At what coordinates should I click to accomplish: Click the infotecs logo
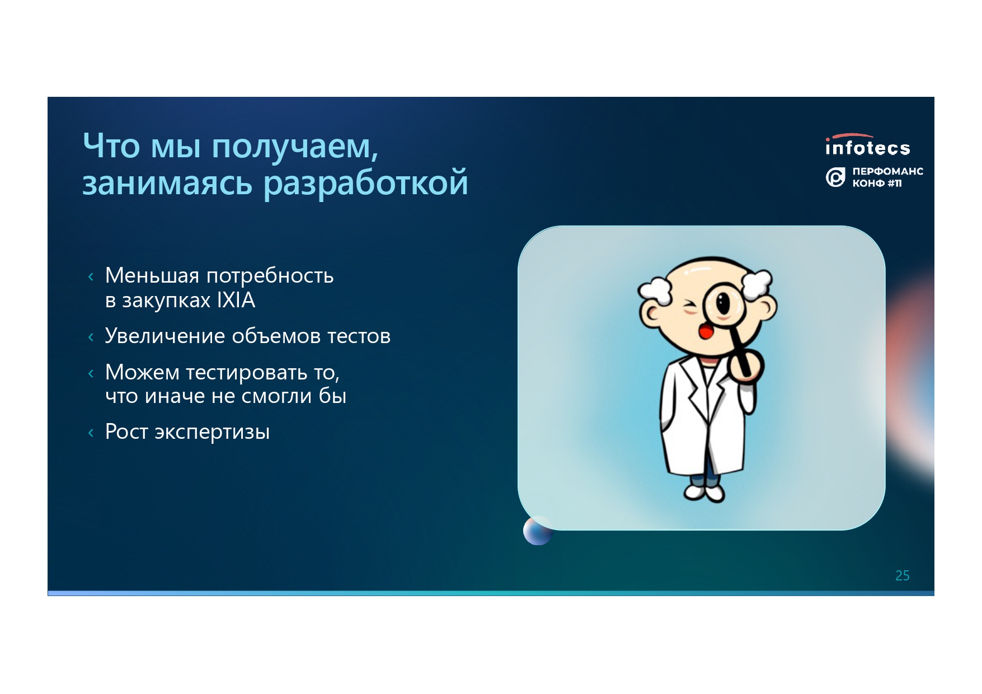pos(867,145)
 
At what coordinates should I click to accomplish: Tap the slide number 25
pos(902,575)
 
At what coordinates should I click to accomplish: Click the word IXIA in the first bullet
pos(236,301)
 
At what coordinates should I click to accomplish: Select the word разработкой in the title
pos(366,183)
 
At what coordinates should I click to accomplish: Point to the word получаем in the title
pos(295,147)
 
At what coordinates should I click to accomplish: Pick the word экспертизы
pos(212,433)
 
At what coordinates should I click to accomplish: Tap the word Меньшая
pos(152,275)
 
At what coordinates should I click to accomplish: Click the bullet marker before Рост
pos(91,432)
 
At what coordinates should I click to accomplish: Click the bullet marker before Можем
pos(91,373)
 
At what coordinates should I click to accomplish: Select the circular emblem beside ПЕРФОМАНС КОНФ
pos(835,177)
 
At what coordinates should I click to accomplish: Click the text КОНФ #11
pos(877,183)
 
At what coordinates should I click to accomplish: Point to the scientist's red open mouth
pos(706,332)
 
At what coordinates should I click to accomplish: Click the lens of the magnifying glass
pos(724,304)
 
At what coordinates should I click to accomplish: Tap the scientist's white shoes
pos(704,493)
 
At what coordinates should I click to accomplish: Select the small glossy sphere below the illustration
pos(537,531)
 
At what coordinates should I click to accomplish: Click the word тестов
pos(359,336)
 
